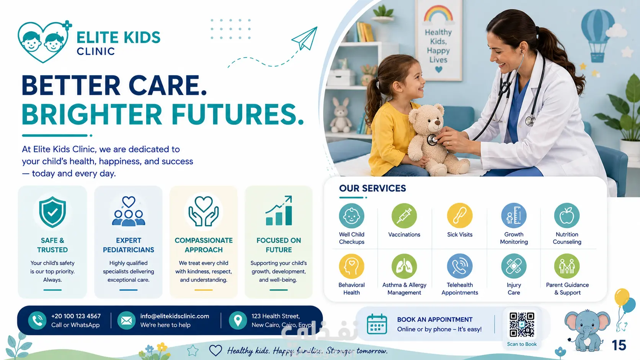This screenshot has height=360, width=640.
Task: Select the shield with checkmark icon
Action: tap(52, 212)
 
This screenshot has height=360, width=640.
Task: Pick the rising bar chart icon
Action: tap(279, 211)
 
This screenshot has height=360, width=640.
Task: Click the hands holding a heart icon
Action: tap(203, 211)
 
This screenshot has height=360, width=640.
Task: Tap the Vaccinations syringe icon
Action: tap(404, 215)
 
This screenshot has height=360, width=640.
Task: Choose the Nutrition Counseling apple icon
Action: tap(567, 215)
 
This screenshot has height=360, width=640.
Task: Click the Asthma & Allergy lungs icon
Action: tap(404, 266)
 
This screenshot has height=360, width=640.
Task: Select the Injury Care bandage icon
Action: tap(514, 266)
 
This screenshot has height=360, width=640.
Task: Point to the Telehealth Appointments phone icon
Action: tap(460, 266)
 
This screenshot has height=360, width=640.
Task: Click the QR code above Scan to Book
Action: tap(522, 324)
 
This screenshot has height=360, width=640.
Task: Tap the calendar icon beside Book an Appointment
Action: tap(377, 324)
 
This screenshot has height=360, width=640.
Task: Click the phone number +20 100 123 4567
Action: tap(76, 316)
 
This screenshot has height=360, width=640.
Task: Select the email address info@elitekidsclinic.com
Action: tap(175, 316)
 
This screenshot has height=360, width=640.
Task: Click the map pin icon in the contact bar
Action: tap(238, 320)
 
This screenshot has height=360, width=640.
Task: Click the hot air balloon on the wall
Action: tap(598, 36)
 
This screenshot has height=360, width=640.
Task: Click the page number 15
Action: tap(619, 345)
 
